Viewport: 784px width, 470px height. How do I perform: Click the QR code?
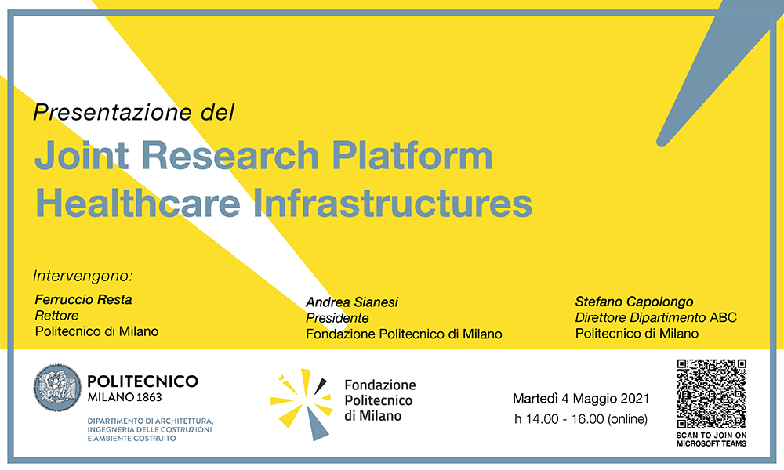coord(712,393)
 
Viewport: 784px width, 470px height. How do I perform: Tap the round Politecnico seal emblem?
coord(57,388)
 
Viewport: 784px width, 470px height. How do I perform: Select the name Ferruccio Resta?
coord(84,300)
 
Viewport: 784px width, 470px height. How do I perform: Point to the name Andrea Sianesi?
coord(352,302)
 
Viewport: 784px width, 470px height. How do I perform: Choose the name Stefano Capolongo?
coord(634,302)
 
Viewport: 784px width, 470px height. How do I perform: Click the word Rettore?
coord(56,316)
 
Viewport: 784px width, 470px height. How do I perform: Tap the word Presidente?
coord(337,318)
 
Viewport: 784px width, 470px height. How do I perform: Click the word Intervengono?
coord(82,276)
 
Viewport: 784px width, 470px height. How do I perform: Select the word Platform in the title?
coord(412,155)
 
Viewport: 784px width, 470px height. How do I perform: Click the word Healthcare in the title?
coord(137,203)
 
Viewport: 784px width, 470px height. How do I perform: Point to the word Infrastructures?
coord(393,203)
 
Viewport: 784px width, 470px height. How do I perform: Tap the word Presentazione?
coord(112,112)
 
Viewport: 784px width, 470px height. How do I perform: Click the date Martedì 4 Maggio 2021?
coord(581,399)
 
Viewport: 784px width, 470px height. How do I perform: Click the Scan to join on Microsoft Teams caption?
coord(712,439)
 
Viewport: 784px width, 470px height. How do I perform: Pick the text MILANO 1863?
coord(125,398)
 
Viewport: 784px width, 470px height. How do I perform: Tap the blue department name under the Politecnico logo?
coord(150,429)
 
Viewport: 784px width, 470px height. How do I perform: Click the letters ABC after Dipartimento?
coord(723,318)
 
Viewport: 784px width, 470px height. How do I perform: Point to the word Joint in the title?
coord(82,155)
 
